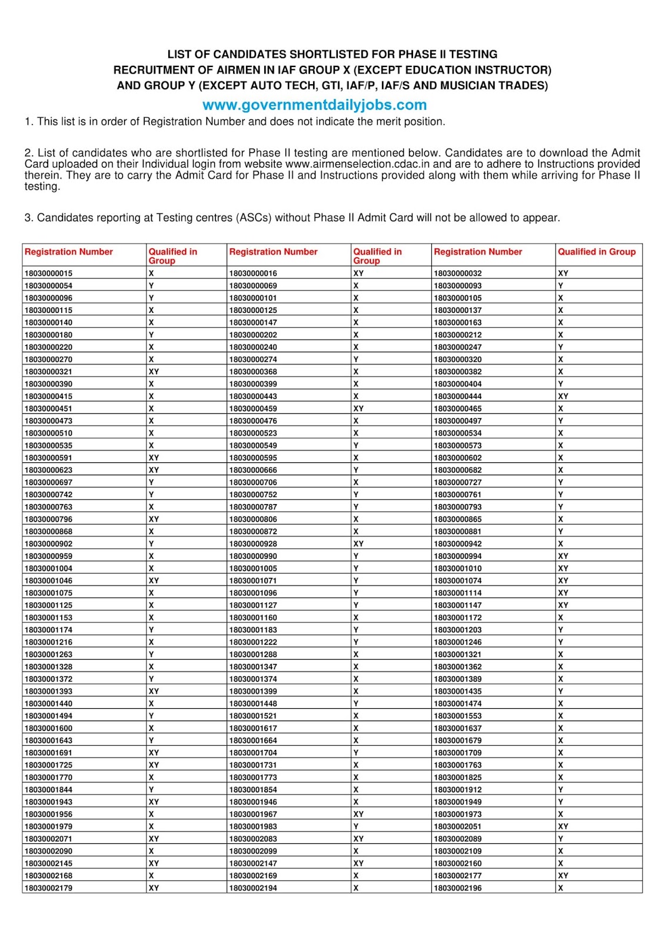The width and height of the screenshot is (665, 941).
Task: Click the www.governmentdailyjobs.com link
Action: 314,105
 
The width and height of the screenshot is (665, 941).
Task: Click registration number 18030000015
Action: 48,273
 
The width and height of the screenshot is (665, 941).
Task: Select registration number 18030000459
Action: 253,409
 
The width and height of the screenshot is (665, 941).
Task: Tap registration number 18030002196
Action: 457,888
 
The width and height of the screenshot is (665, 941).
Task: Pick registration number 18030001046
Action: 48,580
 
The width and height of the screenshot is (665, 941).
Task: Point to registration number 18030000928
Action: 253,544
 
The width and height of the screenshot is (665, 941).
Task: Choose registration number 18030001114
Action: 457,593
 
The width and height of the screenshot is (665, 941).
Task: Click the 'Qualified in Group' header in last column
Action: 597,252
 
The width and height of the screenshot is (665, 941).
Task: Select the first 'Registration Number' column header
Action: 69,252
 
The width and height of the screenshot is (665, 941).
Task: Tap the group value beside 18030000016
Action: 358,273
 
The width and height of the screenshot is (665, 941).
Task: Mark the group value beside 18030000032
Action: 563,273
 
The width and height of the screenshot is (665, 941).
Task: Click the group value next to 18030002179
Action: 154,888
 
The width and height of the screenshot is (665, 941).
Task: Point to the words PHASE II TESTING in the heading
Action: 448,55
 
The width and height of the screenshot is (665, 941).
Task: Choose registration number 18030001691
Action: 48,753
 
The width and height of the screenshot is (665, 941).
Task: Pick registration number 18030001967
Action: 253,815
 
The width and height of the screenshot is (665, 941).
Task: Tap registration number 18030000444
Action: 457,396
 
